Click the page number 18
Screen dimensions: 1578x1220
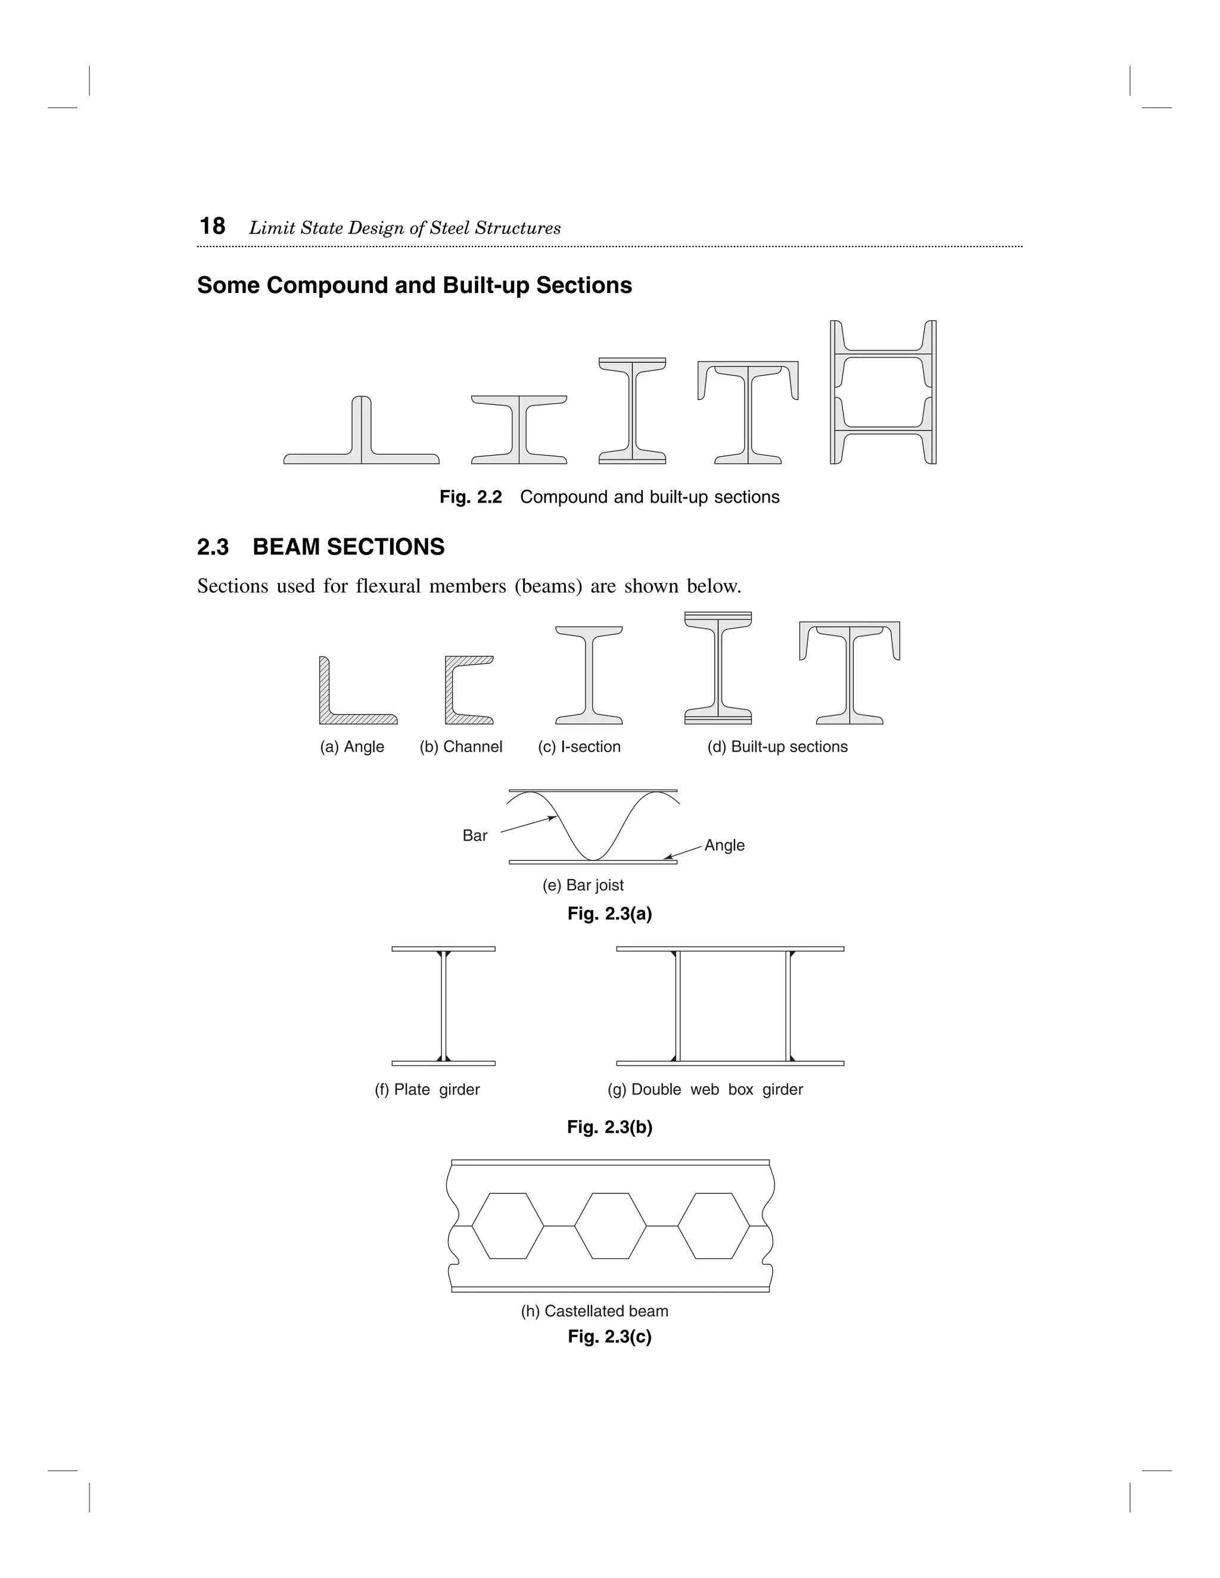point(213,227)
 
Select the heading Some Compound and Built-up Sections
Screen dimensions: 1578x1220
point(414,285)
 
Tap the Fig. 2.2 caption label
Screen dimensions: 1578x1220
point(471,497)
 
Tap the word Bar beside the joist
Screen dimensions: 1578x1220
point(475,835)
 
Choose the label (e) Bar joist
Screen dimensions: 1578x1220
point(583,885)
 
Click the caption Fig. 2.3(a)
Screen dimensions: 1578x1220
point(609,914)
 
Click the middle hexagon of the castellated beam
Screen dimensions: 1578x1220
point(611,1225)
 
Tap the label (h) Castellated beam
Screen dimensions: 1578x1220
point(594,1311)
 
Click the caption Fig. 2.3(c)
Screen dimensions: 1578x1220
point(609,1337)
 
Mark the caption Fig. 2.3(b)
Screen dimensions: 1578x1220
point(609,1127)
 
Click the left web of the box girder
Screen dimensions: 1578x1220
point(677,1006)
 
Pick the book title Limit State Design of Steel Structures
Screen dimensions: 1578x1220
point(404,228)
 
